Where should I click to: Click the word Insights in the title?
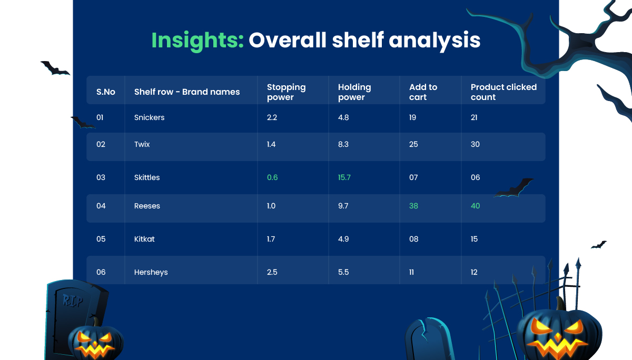pos(197,40)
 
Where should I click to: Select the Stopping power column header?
pos(286,92)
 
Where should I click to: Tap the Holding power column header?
pos(354,92)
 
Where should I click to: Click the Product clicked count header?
pos(503,92)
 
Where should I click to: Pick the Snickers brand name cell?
pos(149,117)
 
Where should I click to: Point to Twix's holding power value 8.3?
pos(343,144)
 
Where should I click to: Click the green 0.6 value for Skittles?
pos(272,177)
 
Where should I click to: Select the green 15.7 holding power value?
pos(344,177)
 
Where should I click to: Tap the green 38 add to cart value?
pos(413,206)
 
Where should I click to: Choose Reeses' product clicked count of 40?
pos(475,206)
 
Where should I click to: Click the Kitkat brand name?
pos(144,239)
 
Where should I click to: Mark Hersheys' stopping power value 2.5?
pos(272,272)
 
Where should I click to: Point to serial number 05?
pos(101,239)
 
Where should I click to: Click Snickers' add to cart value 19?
pos(412,117)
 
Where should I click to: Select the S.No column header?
pos(106,92)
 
